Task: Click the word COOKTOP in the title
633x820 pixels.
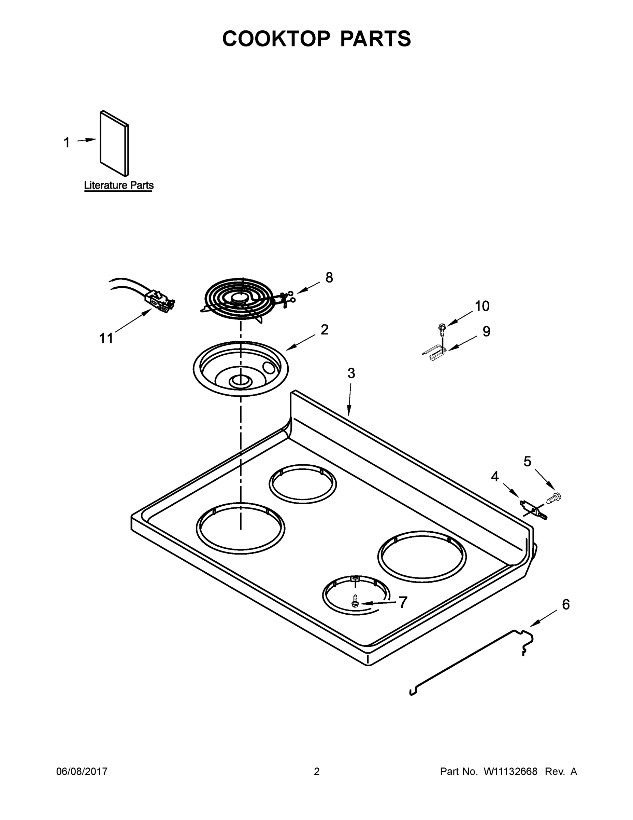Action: pos(276,39)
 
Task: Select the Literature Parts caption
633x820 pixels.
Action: pos(118,186)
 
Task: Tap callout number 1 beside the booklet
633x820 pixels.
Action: pos(67,143)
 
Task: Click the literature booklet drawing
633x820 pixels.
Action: pos(114,143)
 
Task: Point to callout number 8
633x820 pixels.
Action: pos(329,278)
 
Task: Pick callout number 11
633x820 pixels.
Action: pos(106,338)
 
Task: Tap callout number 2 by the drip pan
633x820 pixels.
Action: pos(325,330)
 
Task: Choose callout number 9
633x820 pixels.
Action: pos(486,331)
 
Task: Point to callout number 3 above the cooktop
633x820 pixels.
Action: pos(351,373)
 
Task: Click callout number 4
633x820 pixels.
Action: pos(494,477)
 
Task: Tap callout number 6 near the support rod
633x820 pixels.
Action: pos(565,604)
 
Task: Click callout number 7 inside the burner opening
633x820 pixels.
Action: pos(403,603)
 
